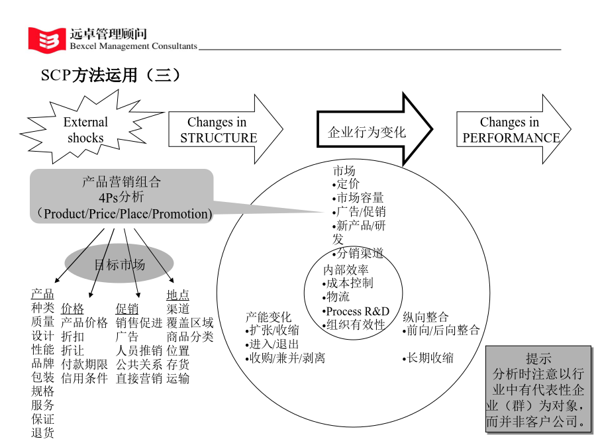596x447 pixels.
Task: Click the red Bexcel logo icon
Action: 46,40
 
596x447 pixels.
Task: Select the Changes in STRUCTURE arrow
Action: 225,129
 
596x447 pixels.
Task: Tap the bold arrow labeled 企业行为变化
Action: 374,130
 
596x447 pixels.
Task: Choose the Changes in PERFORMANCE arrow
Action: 513,129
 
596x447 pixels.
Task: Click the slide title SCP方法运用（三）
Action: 111,75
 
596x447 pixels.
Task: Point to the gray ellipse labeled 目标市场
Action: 119,264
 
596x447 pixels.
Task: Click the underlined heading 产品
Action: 42,294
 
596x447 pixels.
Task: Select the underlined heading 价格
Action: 72,308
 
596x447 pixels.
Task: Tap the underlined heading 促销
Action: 127,308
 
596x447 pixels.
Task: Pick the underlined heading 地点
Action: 177,295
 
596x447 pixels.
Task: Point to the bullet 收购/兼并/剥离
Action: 285,358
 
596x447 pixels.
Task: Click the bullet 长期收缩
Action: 428,358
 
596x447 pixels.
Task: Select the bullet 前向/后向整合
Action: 441,330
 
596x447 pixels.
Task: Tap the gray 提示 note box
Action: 538,389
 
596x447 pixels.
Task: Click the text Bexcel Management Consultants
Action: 133,46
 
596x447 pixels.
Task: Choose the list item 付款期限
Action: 84,364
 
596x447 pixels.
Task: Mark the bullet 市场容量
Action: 358,197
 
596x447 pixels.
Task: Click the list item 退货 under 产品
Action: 42,433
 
